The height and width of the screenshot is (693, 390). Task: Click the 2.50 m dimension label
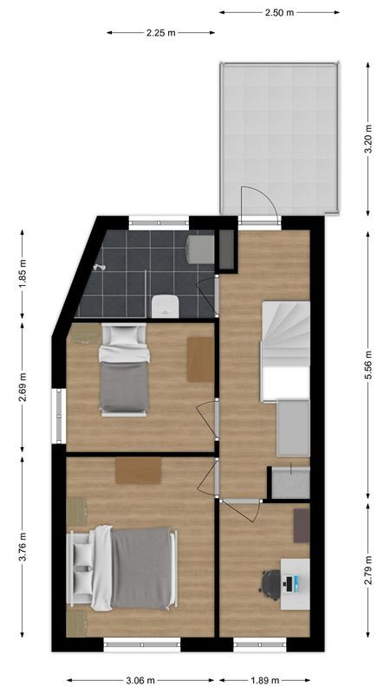[278, 12]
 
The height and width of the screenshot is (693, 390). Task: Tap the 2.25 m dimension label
[160, 32]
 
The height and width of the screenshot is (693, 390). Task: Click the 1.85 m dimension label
[23, 273]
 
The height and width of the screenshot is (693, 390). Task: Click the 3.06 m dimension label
[140, 680]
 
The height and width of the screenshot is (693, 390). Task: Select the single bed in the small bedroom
[123, 369]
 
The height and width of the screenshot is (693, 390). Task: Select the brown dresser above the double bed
[138, 470]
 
